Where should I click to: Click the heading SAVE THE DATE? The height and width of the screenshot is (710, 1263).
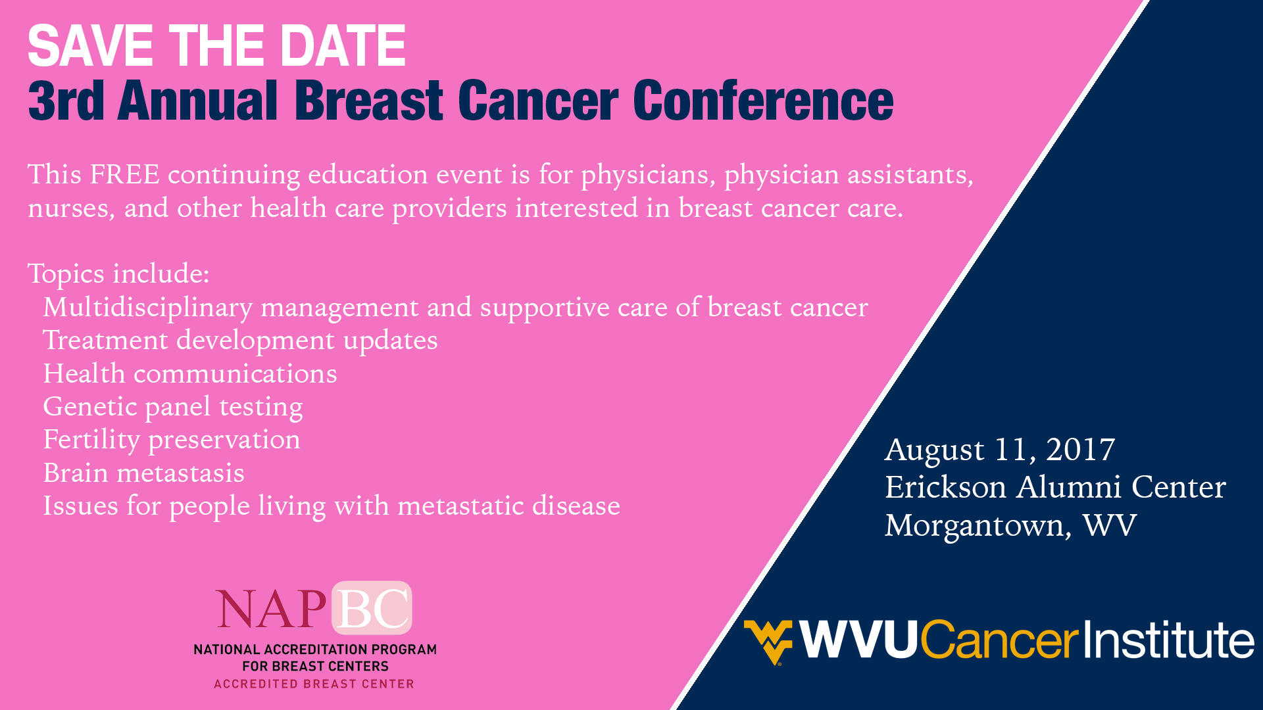pyautogui.click(x=216, y=46)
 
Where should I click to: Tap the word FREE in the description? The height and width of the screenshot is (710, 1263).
pyautogui.click(x=125, y=175)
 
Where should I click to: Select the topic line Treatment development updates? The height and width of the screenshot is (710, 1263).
pyautogui.click(x=240, y=341)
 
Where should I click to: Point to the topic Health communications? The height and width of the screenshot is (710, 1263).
pyautogui.click(x=190, y=373)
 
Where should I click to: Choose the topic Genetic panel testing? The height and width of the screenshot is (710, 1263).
pyautogui.click(x=173, y=408)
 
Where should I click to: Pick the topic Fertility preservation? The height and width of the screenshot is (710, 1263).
pyautogui.click(x=172, y=440)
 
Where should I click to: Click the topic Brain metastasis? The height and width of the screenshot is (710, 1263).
pyautogui.click(x=143, y=473)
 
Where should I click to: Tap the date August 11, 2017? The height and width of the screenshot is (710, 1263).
pyautogui.click(x=1000, y=451)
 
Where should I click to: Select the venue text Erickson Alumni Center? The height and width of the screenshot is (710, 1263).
pyautogui.click(x=1055, y=487)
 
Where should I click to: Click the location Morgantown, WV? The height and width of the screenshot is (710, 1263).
pyautogui.click(x=1010, y=526)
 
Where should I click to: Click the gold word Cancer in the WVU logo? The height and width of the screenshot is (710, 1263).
pyautogui.click(x=1000, y=640)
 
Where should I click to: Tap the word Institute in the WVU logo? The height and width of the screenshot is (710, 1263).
pyautogui.click(x=1169, y=640)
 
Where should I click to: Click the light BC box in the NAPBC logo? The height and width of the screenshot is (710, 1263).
pyautogui.click(x=372, y=608)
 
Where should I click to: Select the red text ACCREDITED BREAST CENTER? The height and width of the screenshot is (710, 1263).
pyautogui.click(x=314, y=684)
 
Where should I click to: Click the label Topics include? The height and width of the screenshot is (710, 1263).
pyautogui.click(x=118, y=274)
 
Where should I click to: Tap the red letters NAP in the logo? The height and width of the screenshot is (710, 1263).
pyautogui.click(x=272, y=609)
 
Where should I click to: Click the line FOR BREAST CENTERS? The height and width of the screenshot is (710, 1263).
pyautogui.click(x=315, y=667)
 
